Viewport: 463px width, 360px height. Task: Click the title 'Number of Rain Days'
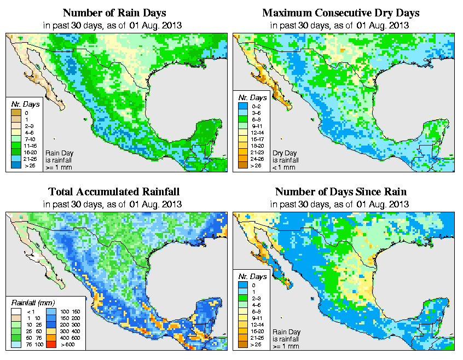114,13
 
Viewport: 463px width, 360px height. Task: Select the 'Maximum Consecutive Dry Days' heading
340,13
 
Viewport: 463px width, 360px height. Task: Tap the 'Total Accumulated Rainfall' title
114,191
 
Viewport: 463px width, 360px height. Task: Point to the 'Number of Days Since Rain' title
340,191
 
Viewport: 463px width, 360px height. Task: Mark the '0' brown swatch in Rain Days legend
17,113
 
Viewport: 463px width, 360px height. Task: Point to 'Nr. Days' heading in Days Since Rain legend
254,276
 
